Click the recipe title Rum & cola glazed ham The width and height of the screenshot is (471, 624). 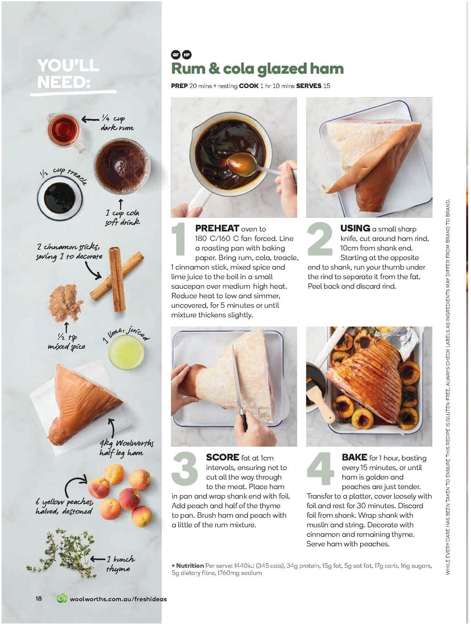click(x=257, y=69)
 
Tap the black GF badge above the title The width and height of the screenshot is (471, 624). click(x=175, y=55)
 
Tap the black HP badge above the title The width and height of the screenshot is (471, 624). click(x=187, y=55)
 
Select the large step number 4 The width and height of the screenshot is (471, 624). click(x=320, y=469)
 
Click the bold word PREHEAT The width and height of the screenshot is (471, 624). click(x=217, y=228)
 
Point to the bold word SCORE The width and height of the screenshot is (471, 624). click(x=222, y=457)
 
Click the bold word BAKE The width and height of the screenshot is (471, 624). click(x=354, y=457)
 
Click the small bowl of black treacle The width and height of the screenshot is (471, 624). click(x=60, y=197)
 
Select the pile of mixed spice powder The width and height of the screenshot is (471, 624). click(x=65, y=302)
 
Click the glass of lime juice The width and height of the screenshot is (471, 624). click(x=126, y=352)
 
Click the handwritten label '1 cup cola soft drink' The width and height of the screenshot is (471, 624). click(x=122, y=217)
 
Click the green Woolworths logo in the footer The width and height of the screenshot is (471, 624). click(x=62, y=598)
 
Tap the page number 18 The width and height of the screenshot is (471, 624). click(x=38, y=598)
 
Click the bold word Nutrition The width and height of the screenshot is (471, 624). click(x=190, y=566)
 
